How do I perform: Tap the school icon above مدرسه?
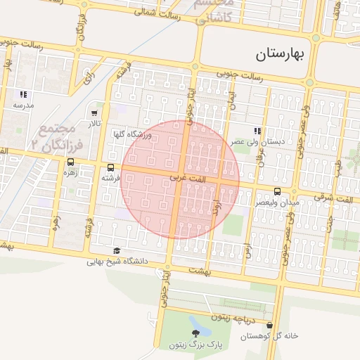coord(23,94)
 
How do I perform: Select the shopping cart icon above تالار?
coord(95,112)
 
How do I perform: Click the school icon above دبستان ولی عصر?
coord(258,131)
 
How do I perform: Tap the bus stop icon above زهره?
coord(70,161)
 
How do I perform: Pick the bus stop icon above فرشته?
coord(111,167)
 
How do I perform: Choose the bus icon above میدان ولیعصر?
coord(277,191)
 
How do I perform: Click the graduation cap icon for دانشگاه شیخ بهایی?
coord(117,251)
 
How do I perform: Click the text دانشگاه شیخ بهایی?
coord(117,262)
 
